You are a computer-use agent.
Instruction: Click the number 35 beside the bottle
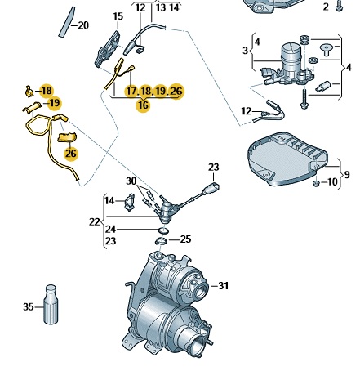(x=29, y=306)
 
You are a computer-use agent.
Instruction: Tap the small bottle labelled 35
(x=51, y=305)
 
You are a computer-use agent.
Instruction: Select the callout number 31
(x=224, y=286)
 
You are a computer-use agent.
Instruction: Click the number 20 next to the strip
(x=83, y=25)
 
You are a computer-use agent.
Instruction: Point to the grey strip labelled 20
(x=67, y=22)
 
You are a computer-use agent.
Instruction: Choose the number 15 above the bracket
(x=118, y=16)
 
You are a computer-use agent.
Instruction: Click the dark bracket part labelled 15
(x=107, y=49)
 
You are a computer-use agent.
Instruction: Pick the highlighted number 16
(x=143, y=105)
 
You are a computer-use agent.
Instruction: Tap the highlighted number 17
(x=131, y=91)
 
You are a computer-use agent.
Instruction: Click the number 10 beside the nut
(x=332, y=181)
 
